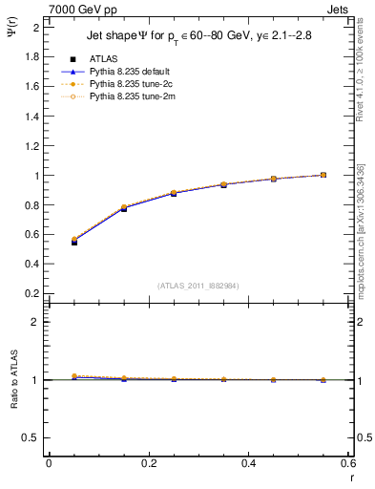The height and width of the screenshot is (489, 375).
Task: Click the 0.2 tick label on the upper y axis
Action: click(x=31, y=294)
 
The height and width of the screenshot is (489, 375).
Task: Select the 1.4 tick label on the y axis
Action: click(x=31, y=116)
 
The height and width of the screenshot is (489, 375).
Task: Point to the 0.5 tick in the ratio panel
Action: click(x=31, y=437)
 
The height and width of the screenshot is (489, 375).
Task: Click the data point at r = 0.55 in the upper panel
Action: click(x=323, y=175)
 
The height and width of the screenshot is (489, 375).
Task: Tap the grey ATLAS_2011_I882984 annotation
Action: click(x=197, y=285)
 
